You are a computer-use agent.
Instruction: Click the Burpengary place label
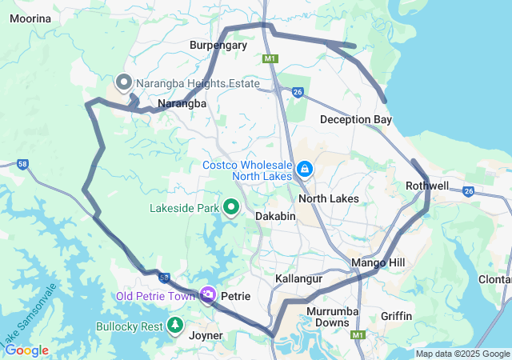click(218, 46)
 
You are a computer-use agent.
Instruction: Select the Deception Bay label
click(356, 119)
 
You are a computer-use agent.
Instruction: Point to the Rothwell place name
click(427, 186)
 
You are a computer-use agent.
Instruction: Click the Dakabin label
click(276, 216)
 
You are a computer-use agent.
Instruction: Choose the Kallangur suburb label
click(298, 278)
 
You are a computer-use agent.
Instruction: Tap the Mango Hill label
click(378, 262)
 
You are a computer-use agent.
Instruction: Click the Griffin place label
click(397, 316)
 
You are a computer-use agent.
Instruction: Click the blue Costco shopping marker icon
click(305, 170)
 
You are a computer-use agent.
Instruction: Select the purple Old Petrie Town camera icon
click(208, 296)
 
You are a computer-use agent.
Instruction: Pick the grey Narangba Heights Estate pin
click(124, 82)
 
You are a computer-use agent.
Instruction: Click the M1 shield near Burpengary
click(270, 58)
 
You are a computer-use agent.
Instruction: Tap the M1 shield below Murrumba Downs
click(358, 335)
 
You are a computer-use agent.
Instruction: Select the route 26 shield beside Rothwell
click(468, 190)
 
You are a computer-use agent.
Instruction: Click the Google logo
click(26, 350)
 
